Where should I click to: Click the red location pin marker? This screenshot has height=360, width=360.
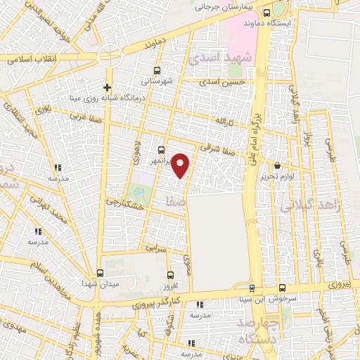181,165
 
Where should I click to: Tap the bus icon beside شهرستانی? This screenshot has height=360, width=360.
156,70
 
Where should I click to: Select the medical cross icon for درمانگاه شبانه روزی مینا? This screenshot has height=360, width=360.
107,87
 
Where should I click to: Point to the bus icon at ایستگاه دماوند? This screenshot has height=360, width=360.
266,12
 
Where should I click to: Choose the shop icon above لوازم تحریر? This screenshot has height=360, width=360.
276,165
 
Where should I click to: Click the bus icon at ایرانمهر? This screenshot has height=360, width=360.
162,150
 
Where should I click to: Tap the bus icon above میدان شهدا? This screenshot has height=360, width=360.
99,272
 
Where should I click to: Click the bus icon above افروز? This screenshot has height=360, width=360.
169,275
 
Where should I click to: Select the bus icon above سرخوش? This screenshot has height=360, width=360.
283,288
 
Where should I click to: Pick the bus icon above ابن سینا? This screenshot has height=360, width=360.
252,288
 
